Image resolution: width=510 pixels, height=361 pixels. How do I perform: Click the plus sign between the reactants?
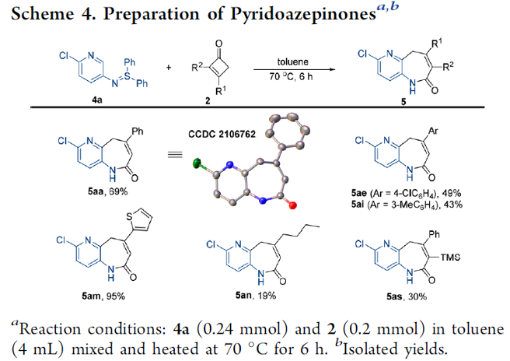tap(169, 68)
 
